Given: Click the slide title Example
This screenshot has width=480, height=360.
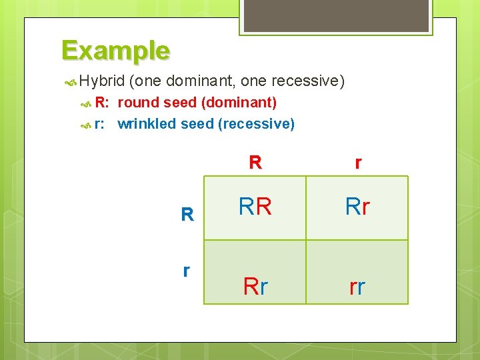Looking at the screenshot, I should (115, 51).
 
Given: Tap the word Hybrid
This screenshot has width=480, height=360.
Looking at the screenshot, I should (101, 81).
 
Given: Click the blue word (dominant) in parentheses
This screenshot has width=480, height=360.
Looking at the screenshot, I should (239, 103).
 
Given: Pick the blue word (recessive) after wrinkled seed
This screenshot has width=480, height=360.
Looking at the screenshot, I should (256, 124).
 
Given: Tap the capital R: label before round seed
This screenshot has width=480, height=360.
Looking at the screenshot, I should (102, 103).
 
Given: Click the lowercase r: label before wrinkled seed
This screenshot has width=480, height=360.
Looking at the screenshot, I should (101, 124).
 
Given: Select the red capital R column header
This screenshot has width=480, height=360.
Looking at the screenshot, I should (255, 163).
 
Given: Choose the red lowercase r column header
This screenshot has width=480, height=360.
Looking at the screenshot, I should (359, 163).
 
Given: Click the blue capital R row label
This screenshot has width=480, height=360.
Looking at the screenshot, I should (187, 215).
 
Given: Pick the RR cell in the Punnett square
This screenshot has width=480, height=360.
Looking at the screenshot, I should (255, 207).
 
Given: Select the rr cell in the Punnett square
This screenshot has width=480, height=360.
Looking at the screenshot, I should (357, 287).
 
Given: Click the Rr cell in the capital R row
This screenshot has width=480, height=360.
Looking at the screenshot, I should (357, 207).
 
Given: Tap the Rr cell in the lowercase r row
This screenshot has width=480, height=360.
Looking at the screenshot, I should (255, 287).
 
